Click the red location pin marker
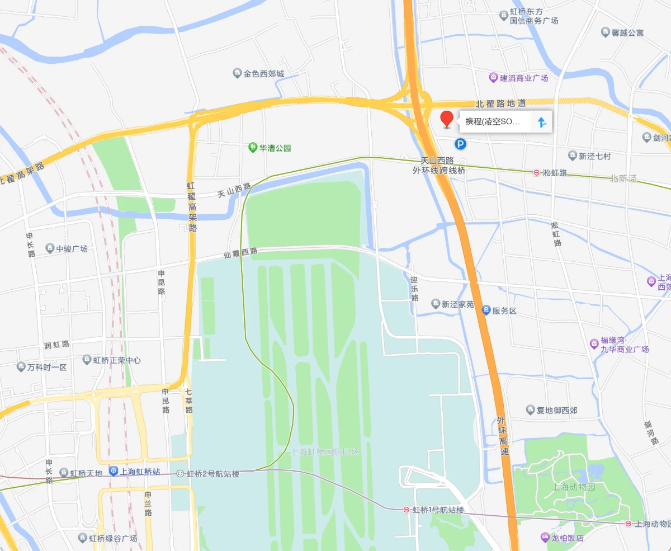pos(447,119)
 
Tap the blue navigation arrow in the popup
pos(541,122)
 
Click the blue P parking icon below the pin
pos(460,145)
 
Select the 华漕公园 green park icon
pos(253,148)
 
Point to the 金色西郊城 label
pos(263,73)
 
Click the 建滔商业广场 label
pos(523,78)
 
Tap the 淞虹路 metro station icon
pos(536,173)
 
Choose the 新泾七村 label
pos(594,156)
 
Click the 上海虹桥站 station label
pos(140,472)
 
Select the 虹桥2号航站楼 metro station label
pos(212,474)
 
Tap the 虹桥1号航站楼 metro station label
pos(438,510)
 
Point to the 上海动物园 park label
pos(574,486)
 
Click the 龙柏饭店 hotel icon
pos(545,538)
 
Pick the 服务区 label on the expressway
pos(504,310)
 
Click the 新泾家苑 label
pos(457,304)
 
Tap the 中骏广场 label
pos(72,248)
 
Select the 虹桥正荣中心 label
pos(116,360)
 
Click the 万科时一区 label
pos(47,368)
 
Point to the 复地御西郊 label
pos(557,410)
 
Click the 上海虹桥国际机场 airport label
pos(325,451)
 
